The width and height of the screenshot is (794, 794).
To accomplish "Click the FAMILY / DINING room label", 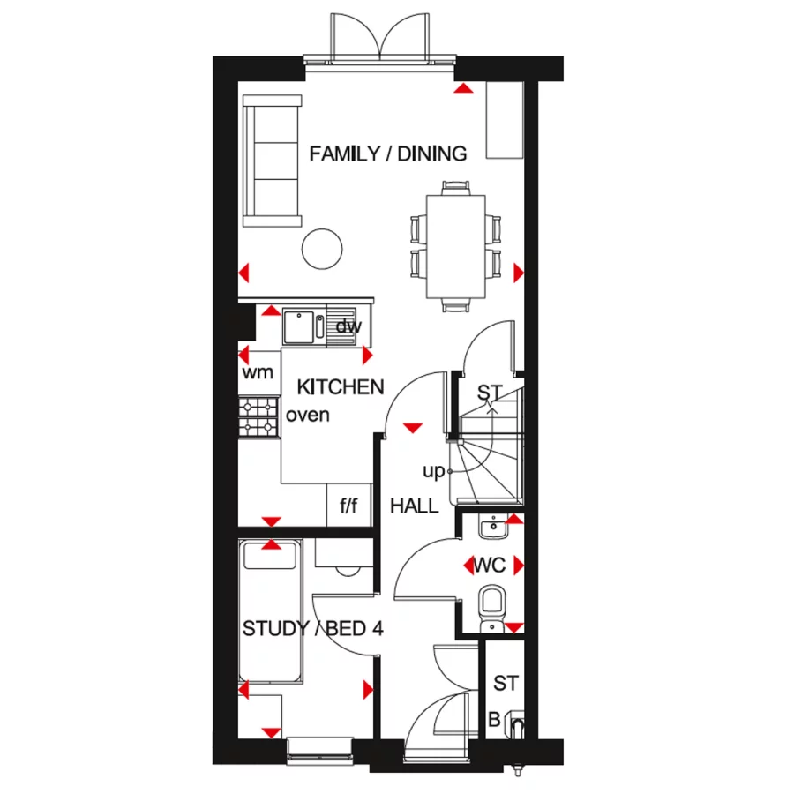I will tap(387, 154).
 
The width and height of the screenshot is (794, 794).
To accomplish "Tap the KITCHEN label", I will tap(341, 386).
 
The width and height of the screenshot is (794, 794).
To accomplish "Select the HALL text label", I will tap(415, 506).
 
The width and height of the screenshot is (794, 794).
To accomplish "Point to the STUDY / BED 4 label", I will tap(312, 629).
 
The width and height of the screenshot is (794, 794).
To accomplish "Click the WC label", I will tap(490, 566).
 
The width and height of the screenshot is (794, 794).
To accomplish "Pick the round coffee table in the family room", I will tap(322, 251).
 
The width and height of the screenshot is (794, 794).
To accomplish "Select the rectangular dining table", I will tap(455, 246).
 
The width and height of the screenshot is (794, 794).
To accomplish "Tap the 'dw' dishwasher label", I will tap(348, 327).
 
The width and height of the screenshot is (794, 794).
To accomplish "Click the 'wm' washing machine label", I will tap(258, 372).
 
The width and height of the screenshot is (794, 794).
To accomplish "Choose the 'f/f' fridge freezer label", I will tap(348, 506).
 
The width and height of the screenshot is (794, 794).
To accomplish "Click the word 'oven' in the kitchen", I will tap(308, 414).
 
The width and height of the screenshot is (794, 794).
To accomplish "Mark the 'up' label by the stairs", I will tap(433, 472).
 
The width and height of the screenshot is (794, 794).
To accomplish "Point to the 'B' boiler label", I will tap(494, 721).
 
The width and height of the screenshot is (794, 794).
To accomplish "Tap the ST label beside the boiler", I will tap(506, 683).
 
